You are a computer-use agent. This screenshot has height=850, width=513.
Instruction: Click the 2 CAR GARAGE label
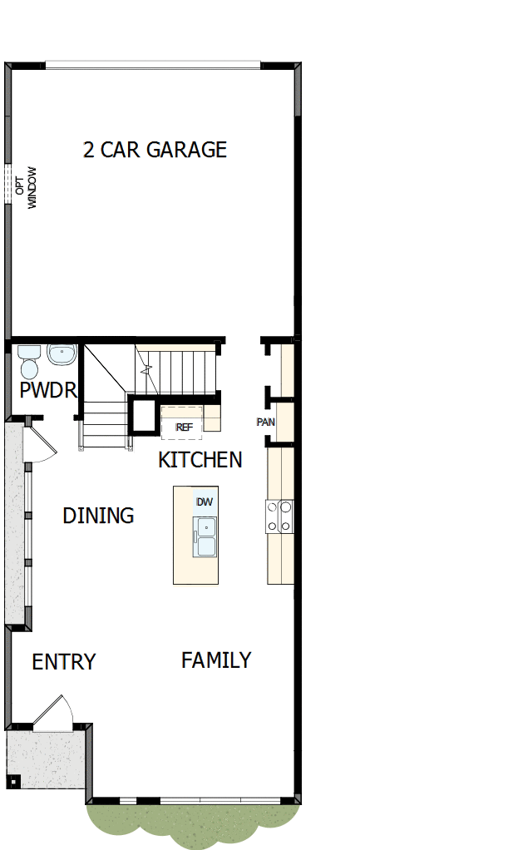(x=155, y=150)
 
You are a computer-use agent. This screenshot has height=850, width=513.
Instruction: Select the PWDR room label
(x=48, y=390)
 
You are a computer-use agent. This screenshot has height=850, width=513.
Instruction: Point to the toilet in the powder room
(x=29, y=363)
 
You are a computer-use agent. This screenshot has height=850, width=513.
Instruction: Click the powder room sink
(x=62, y=355)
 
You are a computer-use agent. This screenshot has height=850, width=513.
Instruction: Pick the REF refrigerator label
(x=184, y=427)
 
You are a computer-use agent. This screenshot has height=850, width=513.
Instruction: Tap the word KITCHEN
(x=200, y=460)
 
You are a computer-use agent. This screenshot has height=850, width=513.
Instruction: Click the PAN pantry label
(x=265, y=422)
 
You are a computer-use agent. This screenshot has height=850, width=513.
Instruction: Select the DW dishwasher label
(x=205, y=502)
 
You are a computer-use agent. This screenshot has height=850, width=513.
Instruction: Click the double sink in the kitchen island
(x=205, y=536)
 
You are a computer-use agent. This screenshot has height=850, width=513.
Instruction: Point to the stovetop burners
(x=279, y=516)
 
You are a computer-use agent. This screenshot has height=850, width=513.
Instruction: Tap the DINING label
(x=98, y=516)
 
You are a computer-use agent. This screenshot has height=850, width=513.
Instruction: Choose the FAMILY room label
(x=216, y=660)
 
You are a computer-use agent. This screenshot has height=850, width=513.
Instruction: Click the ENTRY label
(x=64, y=662)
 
